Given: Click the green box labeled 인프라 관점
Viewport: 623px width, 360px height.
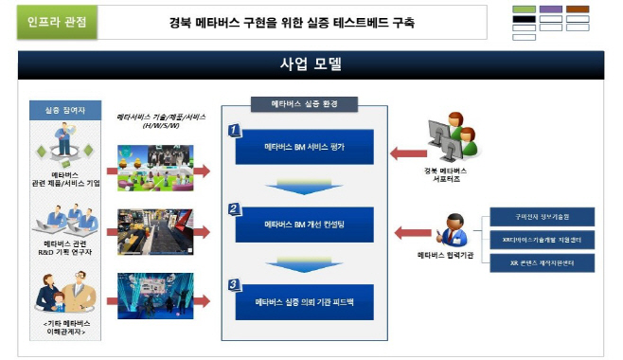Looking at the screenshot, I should click(x=58, y=22).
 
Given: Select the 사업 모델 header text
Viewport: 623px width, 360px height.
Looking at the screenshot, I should click(x=311, y=65).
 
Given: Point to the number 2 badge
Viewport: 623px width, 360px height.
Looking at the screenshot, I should click(x=234, y=207).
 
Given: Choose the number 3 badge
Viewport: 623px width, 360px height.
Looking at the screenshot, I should click(x=234, y=282).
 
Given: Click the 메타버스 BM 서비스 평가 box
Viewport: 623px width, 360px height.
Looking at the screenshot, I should click(x=306, y=148).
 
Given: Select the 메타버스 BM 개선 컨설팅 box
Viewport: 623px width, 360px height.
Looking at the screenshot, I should click(x=306, y=225).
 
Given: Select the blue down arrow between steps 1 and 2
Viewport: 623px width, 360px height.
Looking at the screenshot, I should click(x=305, y=186).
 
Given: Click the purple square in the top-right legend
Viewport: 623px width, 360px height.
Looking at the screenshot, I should click(x=550, y=9).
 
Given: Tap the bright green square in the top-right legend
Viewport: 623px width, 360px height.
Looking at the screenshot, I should click(x=524, y=9).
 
